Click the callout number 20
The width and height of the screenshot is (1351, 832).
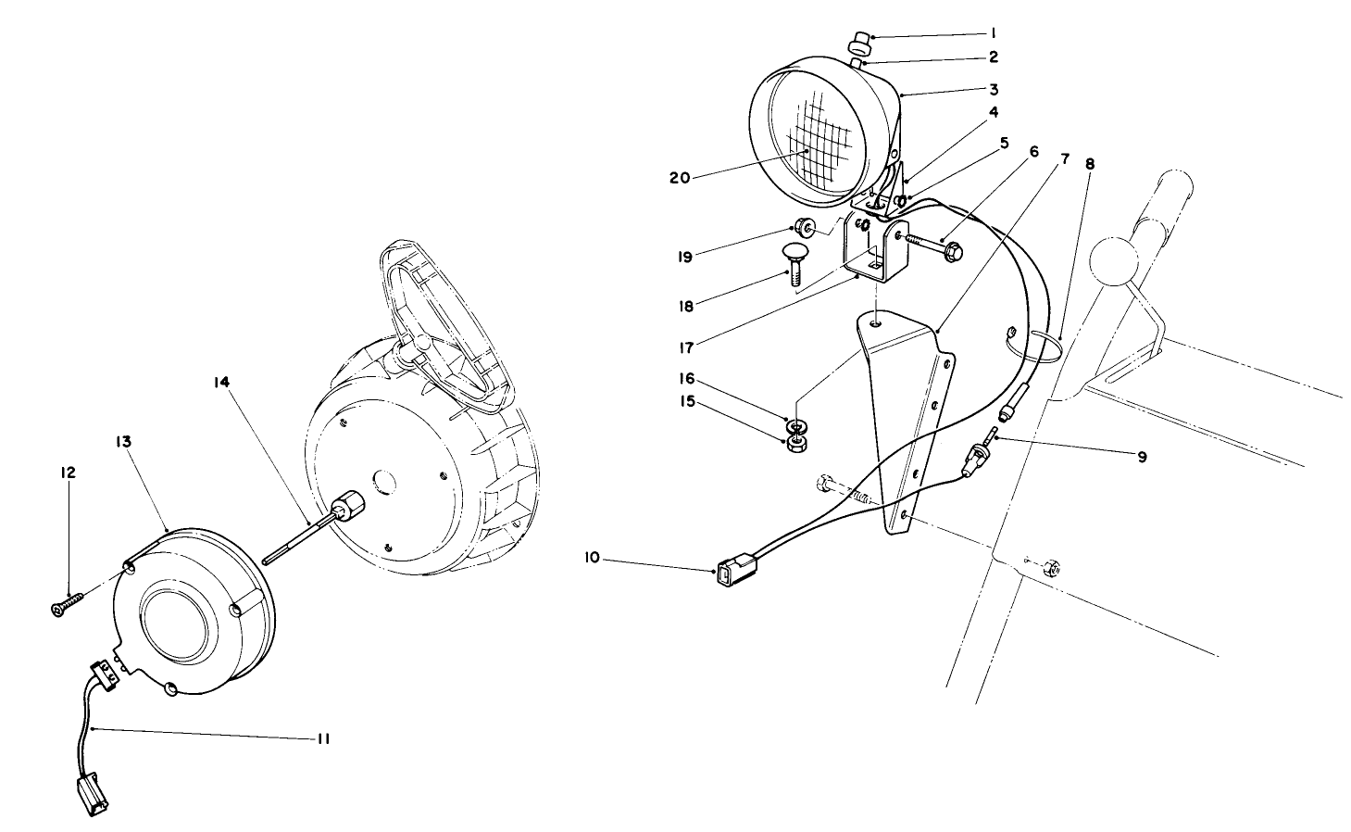[x=679, y=178]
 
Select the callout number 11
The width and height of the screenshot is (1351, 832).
[x=323, y=738]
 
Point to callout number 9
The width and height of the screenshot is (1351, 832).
[x=1142, y=456]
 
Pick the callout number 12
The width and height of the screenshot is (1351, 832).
[x=69, y=473]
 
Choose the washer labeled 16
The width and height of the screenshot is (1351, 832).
[x=795, y=426]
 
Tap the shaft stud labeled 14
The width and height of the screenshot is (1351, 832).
[x=306, y=537]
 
